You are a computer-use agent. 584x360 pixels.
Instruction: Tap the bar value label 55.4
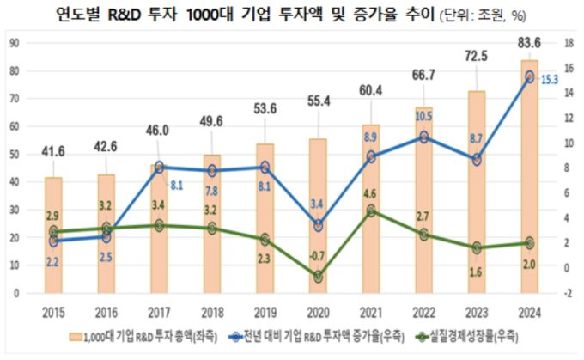click(318, 101)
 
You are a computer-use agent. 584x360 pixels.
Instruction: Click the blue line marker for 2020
click(318, 226)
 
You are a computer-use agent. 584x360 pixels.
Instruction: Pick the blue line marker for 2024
click(529, 77)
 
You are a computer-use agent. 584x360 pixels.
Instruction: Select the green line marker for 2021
click(371, 211)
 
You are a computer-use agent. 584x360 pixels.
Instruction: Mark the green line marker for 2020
click(318, 277)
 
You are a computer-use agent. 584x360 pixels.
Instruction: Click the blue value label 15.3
click(551, 79)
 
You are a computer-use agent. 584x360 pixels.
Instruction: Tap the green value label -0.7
click(316, 257)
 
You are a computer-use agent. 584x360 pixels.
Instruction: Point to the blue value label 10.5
click(423, 116)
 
